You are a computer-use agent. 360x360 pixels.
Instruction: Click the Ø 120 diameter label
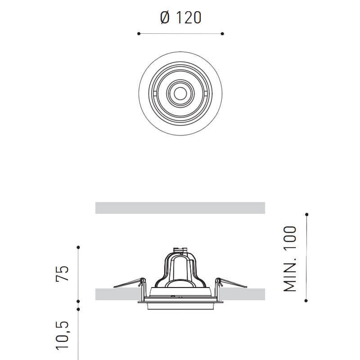pyautogui.click(x=180, y=18)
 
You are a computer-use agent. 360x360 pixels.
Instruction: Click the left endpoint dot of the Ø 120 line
pyautogui.click(x=139, y=33)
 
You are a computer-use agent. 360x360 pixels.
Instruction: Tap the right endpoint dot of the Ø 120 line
pyautogui.click(x=222, y=33)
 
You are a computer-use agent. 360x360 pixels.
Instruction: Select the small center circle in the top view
pyautogui.click(x=180, y=93)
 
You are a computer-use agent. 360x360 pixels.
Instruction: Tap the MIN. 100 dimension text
pyautogui.click(x=290, y=258)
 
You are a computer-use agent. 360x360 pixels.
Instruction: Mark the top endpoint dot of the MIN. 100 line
pyautogui.click(x=306, y=214)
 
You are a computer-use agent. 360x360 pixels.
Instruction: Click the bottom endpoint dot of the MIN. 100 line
pyautogui.click(x=306, y=301)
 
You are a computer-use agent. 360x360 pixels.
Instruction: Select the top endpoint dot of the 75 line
pyautogui.click(x=78, y=247)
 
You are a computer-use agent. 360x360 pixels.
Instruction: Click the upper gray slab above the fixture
pyautogui.click(x=180, y=208)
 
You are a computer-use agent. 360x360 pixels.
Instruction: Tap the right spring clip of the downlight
pyautogui.click(x=231, y=283)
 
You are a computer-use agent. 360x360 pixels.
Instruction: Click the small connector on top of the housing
pyautogui.click(x=180, y=250)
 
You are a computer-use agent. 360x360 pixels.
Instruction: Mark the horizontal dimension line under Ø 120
pyautogui.click(x=180, y=33)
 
